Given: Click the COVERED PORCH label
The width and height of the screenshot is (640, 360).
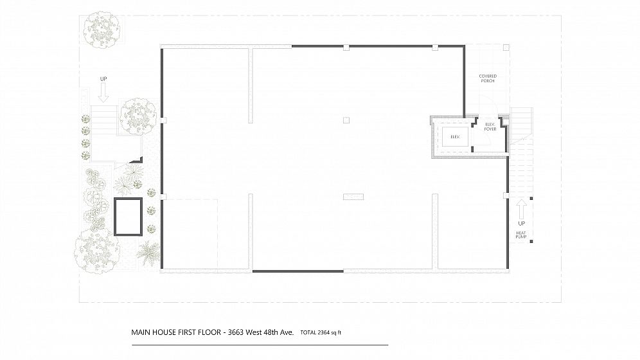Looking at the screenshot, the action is coord(488,78).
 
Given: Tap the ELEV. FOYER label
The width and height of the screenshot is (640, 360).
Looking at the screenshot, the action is coord(490,127).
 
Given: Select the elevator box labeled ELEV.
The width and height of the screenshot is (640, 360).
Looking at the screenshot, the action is coord(455,137).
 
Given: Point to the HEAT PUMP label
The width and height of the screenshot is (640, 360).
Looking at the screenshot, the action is coord(521,235).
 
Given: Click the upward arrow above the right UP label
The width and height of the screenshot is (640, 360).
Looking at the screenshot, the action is coord(521,210).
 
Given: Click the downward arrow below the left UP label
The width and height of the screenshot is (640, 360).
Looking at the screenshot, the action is coord(103,92).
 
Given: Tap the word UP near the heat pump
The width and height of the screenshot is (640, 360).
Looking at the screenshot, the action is coord(522,224).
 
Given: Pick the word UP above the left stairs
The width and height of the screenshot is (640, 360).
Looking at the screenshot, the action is coord(103,79).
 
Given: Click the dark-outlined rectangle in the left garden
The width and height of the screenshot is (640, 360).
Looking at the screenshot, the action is coord(128,217).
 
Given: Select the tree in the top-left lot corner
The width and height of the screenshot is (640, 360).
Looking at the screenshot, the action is coord(102,28).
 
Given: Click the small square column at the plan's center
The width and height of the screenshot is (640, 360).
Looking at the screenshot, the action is coord(346,120).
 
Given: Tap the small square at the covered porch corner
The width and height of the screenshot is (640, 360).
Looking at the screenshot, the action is coord(506,48).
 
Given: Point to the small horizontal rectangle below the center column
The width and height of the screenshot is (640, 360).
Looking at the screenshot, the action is coord(353,197).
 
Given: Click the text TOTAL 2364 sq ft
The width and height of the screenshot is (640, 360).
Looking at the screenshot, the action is coord(321,332).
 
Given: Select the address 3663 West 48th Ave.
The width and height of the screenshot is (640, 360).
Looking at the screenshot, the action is coord(261,332).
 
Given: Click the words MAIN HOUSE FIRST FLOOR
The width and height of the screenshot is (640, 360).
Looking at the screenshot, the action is coord(176,332).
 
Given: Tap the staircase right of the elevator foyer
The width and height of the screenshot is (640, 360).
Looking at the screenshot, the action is coord(521,122).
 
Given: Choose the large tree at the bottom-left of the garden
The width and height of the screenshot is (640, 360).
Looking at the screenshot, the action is coord(97,251).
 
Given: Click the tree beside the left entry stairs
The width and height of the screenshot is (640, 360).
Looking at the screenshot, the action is coord(138,116).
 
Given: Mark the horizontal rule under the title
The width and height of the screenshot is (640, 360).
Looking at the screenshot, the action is coord(260,345).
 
